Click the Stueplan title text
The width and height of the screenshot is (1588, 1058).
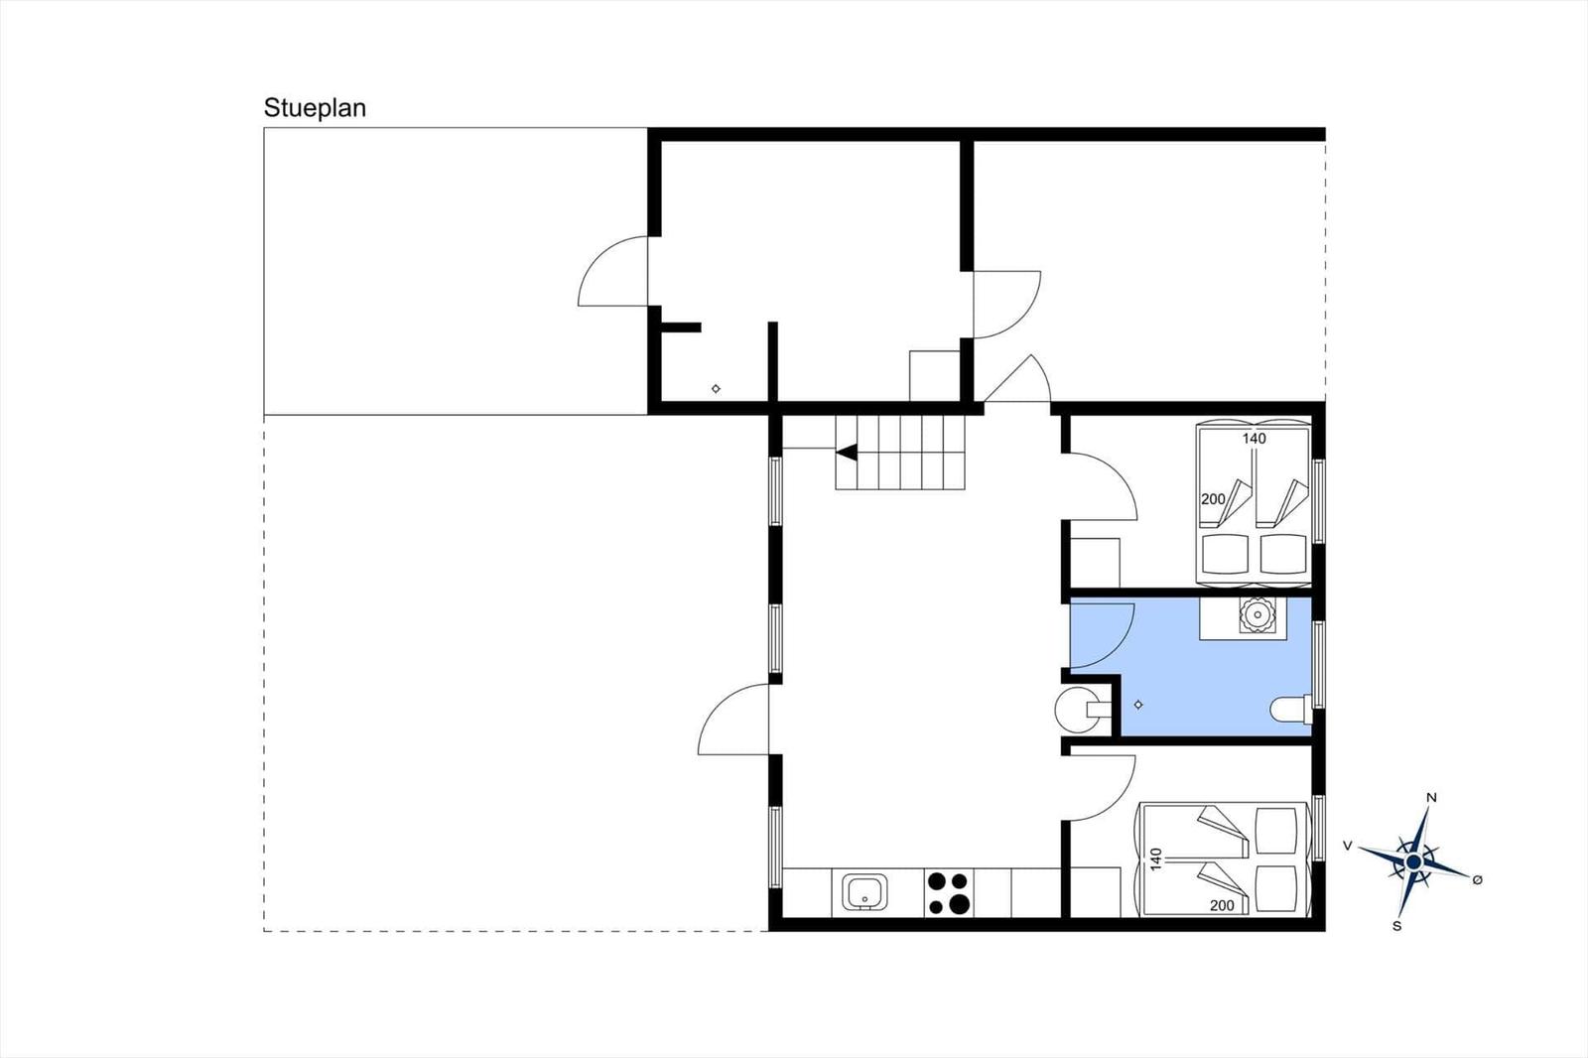315,108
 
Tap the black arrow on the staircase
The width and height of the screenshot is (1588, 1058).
848,452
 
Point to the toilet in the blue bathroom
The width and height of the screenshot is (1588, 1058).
1291,709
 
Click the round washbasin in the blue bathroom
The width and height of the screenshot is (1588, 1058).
1257,614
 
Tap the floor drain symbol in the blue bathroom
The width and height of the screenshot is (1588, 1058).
1138,704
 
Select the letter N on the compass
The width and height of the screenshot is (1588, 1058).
1431,798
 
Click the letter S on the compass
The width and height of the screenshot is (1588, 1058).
1397,926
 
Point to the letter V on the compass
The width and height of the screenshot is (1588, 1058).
1348,846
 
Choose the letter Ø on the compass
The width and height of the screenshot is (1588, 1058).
1478,880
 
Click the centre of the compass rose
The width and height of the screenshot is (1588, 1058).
1413,862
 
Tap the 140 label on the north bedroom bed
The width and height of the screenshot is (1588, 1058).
1255,439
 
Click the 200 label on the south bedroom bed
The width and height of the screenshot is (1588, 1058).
1222,905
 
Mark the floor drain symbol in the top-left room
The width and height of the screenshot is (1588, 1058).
716,389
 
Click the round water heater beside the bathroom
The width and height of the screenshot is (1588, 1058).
1076,709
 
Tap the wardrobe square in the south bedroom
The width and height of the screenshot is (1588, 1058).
1095,892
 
